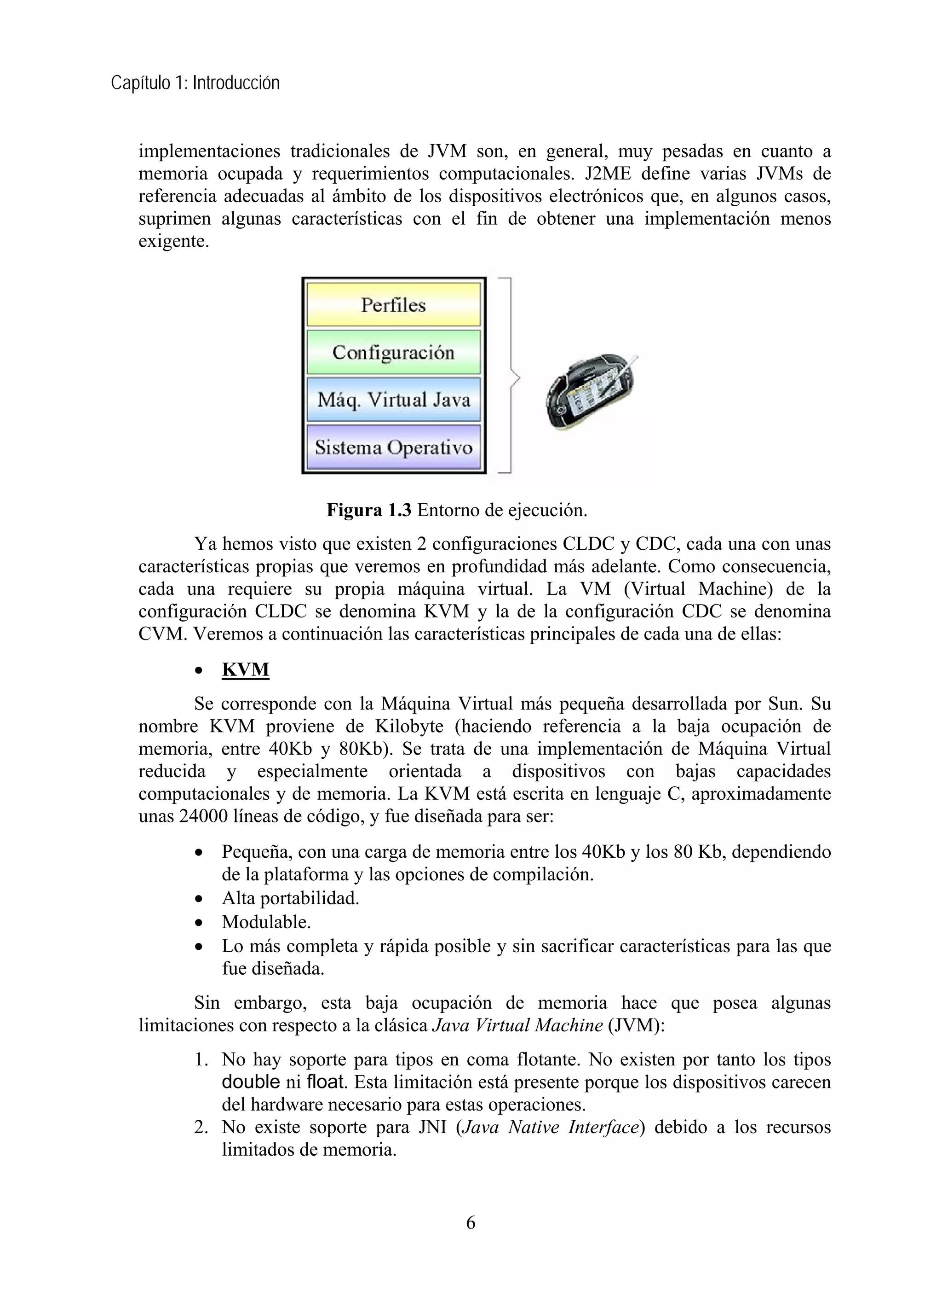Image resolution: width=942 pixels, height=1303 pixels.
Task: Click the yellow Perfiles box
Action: click(393, 304)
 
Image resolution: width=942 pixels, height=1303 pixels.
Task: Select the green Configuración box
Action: click(393, 352)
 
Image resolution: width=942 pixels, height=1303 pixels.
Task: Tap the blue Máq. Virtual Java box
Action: click(393, 399)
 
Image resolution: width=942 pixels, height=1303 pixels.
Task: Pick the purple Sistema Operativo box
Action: click(393, 447)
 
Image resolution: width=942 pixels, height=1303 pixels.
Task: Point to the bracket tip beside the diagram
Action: click(518, 378)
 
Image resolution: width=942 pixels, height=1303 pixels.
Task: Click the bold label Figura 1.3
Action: click(368, 510)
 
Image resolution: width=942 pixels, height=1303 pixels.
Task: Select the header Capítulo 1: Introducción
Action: click(195, 84)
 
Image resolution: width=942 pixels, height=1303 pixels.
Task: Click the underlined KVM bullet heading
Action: click(246, 670)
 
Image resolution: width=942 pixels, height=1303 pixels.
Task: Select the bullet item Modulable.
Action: click(266, 922)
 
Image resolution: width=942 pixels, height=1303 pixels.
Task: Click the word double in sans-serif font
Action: click(251, 1082)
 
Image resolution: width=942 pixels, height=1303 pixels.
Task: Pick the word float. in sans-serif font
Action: click(327, 1082)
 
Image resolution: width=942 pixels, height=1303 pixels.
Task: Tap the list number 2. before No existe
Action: click(201, 1128)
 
